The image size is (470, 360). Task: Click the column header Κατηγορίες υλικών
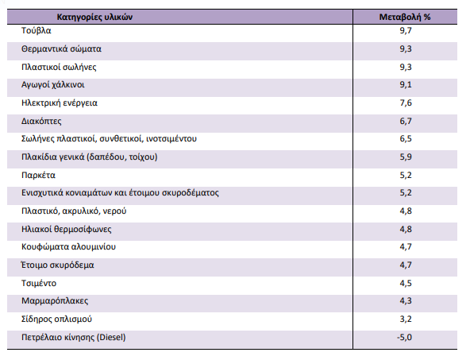[x=94, y=17]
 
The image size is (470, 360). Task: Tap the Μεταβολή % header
[x=405, y=17]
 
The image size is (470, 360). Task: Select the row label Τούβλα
[x=37, y=31]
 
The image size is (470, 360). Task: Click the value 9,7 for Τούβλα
[x=406, y=31]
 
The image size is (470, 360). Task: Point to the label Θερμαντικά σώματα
[x=61, y=49]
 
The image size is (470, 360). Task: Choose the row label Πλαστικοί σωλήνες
[x=59, y=67]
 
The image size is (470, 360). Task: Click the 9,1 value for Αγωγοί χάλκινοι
[x=406, y=84]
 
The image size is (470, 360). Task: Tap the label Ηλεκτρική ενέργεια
[x=60, y=103]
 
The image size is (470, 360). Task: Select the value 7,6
[x=406, y=103]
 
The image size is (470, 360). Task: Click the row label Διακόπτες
[x=41, y=122]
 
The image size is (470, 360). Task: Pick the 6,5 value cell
[x=406, y=138]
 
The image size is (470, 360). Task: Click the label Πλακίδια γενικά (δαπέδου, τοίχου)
[x=90, y=157]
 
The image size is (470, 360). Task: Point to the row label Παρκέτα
[x=38, y=175]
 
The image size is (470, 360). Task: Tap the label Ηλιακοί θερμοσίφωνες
[x=66, y=229]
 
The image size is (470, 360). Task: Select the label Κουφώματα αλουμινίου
[x=68, y=247]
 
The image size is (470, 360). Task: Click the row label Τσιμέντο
[x=39, y=283]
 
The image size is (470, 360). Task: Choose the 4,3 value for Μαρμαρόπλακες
[x=406, y=300]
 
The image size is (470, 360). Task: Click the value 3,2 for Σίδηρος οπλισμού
[x=406, y=319]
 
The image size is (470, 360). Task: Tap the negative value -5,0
[x=405, y=337]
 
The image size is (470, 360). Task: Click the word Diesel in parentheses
[x=111, y=337]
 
